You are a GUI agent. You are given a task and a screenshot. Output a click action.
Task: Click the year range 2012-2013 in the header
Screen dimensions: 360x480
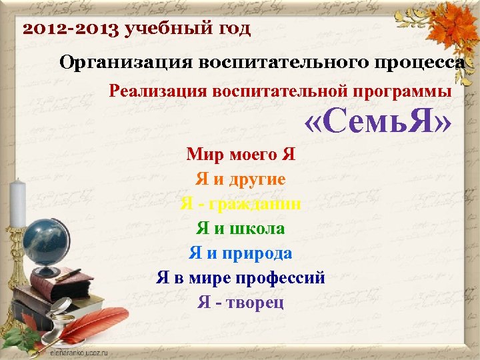pos(70,29)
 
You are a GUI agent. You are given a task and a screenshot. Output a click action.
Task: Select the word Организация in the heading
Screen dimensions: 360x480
pos(126,63)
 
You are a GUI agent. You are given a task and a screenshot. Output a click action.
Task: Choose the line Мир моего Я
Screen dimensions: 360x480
pos(241,155)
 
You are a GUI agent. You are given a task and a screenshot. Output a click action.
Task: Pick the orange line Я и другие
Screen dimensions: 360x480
pos(241,179)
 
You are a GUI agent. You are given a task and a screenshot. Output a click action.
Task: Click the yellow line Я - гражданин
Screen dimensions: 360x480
pos(241,204)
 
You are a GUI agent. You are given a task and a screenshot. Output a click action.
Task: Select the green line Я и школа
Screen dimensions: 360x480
pos(241,229)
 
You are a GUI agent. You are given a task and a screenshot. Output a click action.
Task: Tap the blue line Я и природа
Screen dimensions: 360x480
pos(241,253)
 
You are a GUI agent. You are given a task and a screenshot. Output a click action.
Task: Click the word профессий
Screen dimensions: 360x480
pos(283,278)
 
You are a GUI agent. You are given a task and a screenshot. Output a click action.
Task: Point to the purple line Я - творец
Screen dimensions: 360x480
pos(241,303)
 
